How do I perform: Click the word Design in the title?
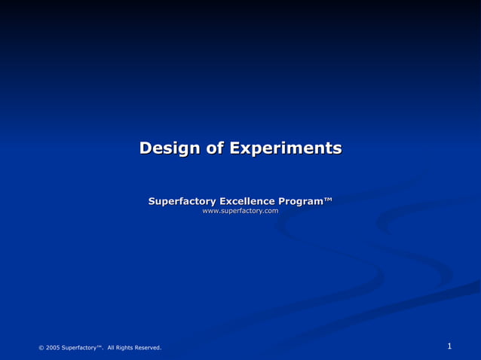(x=170, y=148)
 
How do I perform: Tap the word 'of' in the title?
(x=216, y=148)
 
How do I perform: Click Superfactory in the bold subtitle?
(x=182, y=201)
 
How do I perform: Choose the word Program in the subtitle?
(x=301, y=201)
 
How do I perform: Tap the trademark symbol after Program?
(x=328, y=200)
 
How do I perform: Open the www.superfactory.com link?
(x=240, y=212)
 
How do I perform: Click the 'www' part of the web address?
(x=210, y=212)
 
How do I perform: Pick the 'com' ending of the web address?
(x=271, y=212)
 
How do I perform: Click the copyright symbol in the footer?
(x=41, y=347)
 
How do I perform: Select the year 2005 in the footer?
(x=53, y=347)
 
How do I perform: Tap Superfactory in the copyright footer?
(x=78, y=347)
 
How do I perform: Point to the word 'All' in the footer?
(x=112, y=347)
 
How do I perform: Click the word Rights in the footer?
(x=127, y=347)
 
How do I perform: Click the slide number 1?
(x=449, y=346)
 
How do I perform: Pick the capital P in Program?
(x=283, y=201)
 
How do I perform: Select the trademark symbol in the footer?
(x=99, y=346)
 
